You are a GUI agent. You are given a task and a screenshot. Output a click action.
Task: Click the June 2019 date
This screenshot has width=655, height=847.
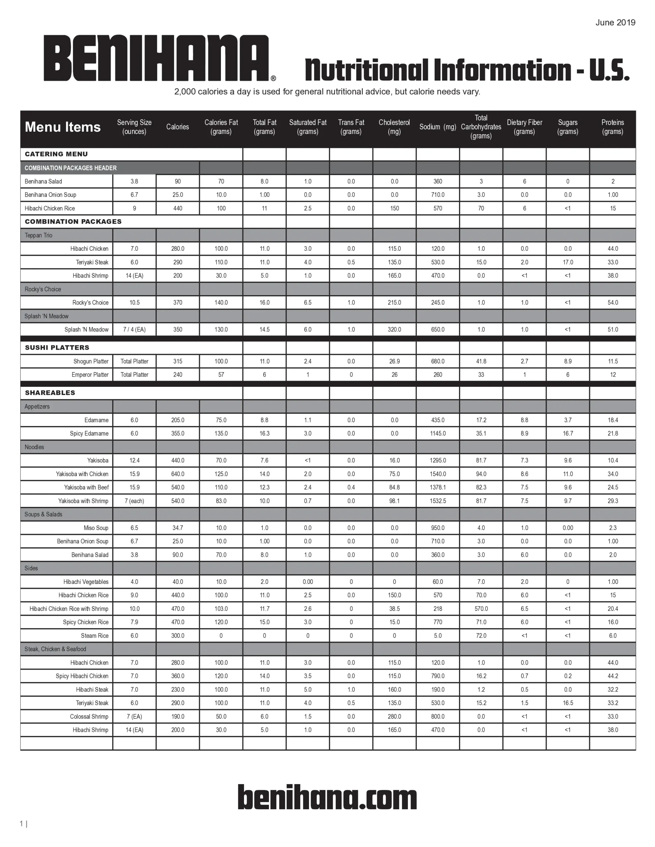(615, 22)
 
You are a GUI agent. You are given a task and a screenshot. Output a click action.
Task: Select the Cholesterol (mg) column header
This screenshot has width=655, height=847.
(394, 127)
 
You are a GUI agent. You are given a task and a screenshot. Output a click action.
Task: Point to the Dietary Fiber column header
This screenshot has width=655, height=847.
(524, 127)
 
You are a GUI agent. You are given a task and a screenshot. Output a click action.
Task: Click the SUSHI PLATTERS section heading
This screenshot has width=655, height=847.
(57, 347)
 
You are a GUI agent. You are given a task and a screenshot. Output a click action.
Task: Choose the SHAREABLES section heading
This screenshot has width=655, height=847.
(50, 392)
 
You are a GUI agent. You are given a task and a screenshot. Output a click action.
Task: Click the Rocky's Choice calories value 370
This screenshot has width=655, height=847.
(177, 302)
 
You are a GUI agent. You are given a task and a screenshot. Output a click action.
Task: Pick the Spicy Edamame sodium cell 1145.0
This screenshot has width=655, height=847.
(437, 433)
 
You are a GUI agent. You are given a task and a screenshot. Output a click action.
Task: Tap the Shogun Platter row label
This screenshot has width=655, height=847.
(91, 361)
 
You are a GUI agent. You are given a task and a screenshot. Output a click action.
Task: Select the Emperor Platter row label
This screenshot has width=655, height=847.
(90, 375)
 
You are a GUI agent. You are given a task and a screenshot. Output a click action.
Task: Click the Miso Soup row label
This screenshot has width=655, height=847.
(96, 528)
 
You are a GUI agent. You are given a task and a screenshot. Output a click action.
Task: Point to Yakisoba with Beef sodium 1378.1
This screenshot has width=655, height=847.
(437, 487)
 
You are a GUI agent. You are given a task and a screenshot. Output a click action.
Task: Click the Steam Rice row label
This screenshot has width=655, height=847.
(94, 636)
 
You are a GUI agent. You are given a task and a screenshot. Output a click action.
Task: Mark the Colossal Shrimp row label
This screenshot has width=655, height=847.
(89, 716)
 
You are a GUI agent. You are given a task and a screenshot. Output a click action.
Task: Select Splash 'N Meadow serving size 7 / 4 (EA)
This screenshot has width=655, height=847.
(134, 330)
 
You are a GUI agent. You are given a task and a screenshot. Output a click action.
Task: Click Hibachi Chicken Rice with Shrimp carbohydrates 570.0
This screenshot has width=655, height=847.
(481, 608)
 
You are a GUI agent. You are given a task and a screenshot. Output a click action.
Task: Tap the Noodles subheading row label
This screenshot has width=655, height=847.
(34, 447)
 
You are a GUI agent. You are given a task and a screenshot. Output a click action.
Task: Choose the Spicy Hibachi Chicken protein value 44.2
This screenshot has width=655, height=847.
(613, 676)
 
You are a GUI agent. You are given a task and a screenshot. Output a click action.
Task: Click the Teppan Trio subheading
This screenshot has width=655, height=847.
(38, 236)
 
